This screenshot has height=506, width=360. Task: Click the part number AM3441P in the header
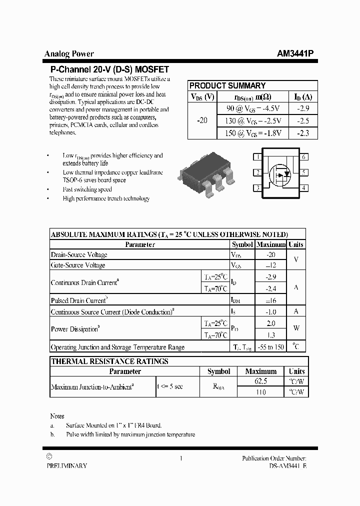pyautogui.click(x=295, y=54)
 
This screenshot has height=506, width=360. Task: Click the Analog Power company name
pyautogui.click(x=69, y=54)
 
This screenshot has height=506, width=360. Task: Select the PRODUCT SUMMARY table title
pyautogui.click(x=227, y=85)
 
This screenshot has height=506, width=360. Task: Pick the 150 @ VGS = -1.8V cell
pyautogui.click(x=253, y=133)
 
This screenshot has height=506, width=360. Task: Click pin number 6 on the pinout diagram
pyautogui.click(x=303, y=157)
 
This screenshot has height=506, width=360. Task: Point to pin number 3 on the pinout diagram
pyautogui.click(x=257, y=188)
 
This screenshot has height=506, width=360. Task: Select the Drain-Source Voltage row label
pyautogui.click(x=79, y=255)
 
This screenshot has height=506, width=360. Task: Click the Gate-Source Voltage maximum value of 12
pyautogui.click(x=270, y=265)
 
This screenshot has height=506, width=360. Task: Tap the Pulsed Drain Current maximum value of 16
pyautogui.click(x=270, y=300)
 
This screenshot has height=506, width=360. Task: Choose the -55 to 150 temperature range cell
pyautogui.click(x=270, y=347)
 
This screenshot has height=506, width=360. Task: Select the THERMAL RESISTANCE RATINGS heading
pyautogui.click(x=110, y=361)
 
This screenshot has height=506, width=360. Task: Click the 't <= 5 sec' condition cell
pyautogui.click(x=170, y=386)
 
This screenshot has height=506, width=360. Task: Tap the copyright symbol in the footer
pyautogui.click(x=48, y=457)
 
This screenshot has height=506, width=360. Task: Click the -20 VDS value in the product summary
pyautogui.click(x=202, y=120)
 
